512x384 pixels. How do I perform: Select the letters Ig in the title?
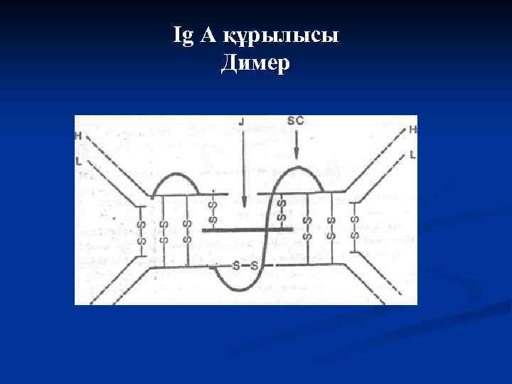pyautogui.click(x=182, y=36)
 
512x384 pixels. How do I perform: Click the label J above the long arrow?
pyautogui.click(x=242, y=122)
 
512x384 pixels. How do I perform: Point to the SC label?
pyautogui.click(x=295, y=121)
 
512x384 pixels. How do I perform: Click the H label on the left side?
pyautogui.click(x=78, y=135)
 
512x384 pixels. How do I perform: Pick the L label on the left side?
pyautogui.click(x=78, y=162)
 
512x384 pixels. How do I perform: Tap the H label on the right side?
pyautogui.click(x=412, y=129)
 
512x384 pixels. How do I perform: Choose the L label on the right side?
pyautogui.click(x=412, y=154)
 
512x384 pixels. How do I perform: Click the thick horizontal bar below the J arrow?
pyautogui.click(x=247, y=230)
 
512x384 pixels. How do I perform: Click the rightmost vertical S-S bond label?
pyautogui.click(x=354, y=222)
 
